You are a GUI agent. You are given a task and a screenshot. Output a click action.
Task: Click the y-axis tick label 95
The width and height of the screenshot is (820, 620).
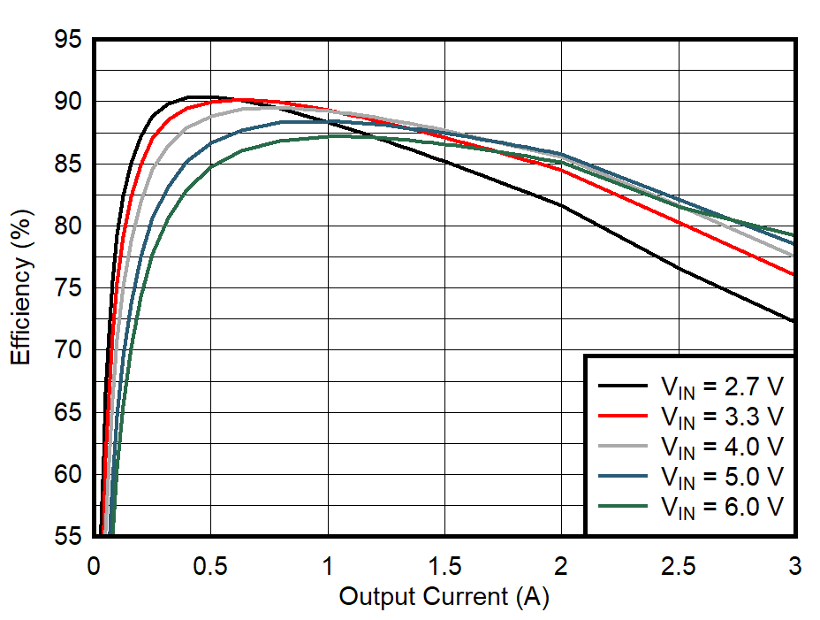(x=67, y=41)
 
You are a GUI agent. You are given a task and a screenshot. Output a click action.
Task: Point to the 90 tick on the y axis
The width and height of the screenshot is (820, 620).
(x=67, y=103)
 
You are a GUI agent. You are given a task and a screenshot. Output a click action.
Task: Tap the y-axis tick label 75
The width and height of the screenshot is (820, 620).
(x=67, y=289)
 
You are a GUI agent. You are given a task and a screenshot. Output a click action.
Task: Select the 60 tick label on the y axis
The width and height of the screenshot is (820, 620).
(x=67, y=476)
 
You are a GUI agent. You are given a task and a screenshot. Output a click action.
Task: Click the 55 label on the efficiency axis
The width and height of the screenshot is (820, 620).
(x=67, y=537)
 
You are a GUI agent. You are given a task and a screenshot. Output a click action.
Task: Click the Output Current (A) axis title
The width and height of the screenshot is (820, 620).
(x=444, y=597)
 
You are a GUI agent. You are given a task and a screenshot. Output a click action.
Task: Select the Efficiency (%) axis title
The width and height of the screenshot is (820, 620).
(x=21, y=288)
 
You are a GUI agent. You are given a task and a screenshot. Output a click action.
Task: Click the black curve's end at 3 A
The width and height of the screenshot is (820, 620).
(x=793, y=321)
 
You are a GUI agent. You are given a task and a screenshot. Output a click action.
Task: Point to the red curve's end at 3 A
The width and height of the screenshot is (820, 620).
(x=793, y=274)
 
